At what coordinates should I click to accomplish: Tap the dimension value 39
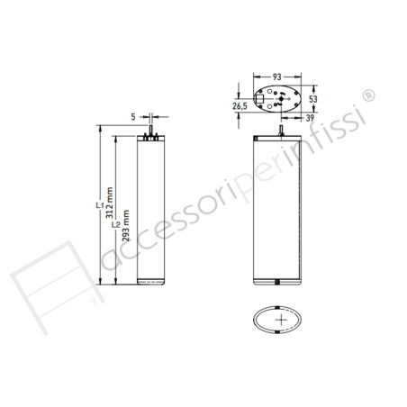(310, 117)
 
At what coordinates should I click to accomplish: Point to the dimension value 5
(132, 116)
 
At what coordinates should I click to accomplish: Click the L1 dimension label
(98, 207)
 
